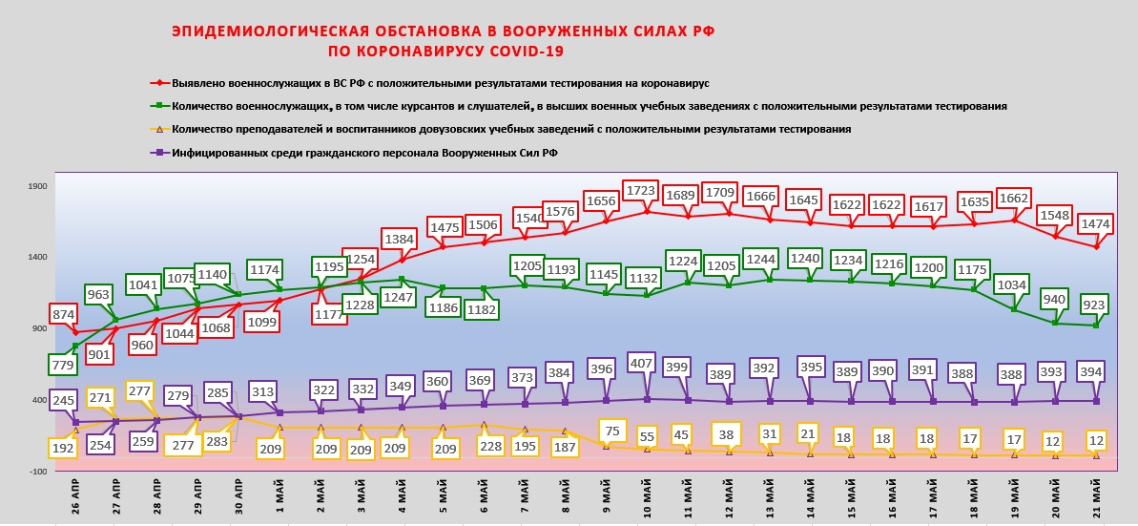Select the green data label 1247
click(x=403, y=297)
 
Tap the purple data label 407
click(x=642, y=364)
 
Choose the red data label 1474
click(x=1095, y=222)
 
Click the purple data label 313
click(x=262, y=391)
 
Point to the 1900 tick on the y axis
click(x=37, y=186)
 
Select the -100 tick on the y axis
click(x=37, y=472)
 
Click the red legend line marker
click(x=160, y=84)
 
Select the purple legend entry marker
click(x=160, y=152)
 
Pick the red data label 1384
click(x=398, y=238)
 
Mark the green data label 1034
click(x=1012, y=285)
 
